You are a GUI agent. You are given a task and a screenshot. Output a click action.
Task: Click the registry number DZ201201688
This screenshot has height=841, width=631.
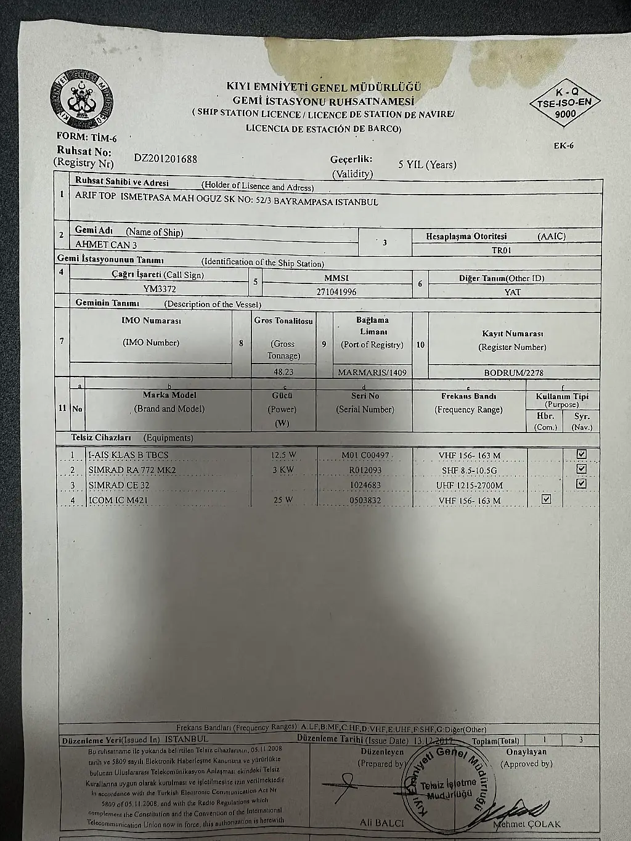(x=166, y=158)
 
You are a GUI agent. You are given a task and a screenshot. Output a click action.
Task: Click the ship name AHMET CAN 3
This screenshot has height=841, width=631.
(x=106, y=245)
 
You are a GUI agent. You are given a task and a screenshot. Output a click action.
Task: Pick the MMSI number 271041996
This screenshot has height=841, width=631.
(x=336, y=292)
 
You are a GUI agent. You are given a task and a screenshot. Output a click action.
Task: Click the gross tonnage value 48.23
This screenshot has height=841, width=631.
(x=283, y=372)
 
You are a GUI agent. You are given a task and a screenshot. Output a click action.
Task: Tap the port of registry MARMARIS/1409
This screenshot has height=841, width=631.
(x=372, y=372)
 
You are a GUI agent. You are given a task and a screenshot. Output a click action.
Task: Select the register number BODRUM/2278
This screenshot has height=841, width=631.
(x=514, y=373)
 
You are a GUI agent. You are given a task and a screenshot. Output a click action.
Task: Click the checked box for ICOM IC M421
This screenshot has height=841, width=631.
(x=545, y=499)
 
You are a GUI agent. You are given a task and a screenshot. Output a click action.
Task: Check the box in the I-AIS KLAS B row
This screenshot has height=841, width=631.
(x=581, y=454)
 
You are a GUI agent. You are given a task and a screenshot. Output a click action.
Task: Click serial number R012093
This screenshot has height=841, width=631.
(x=365, y=470)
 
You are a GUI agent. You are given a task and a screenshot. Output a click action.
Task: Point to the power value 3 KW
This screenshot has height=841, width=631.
(x=283, y=470)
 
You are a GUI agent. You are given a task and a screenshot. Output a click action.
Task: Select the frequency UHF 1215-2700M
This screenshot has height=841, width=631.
(x=470, y=486)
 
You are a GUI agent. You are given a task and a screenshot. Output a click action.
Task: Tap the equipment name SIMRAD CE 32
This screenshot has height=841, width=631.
(x=119, y=485)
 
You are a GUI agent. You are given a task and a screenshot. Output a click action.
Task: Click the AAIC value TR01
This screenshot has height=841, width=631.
(x=501, y=251)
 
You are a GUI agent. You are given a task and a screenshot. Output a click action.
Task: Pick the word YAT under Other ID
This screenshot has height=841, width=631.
(x=513, y=292)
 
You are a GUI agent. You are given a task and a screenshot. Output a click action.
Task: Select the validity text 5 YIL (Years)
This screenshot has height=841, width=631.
(x=427, y=165)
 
